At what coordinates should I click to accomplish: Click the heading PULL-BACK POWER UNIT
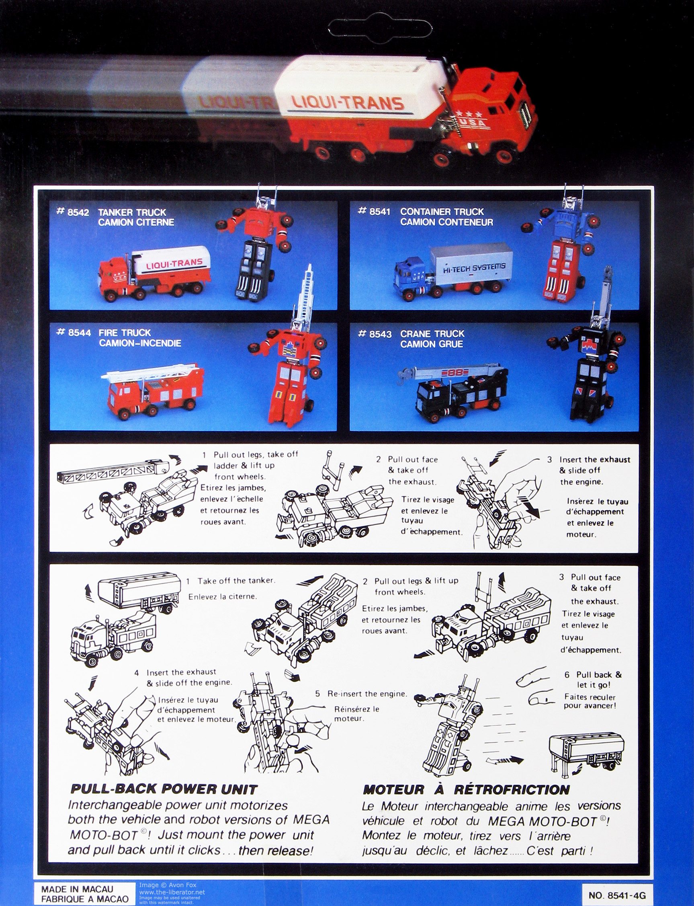point(164,789)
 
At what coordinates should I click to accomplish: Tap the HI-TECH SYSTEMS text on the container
point(474,268)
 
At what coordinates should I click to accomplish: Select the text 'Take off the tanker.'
point(236,580)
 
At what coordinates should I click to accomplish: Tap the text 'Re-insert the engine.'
point(367,694)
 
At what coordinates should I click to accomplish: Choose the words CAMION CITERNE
point(136,222)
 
